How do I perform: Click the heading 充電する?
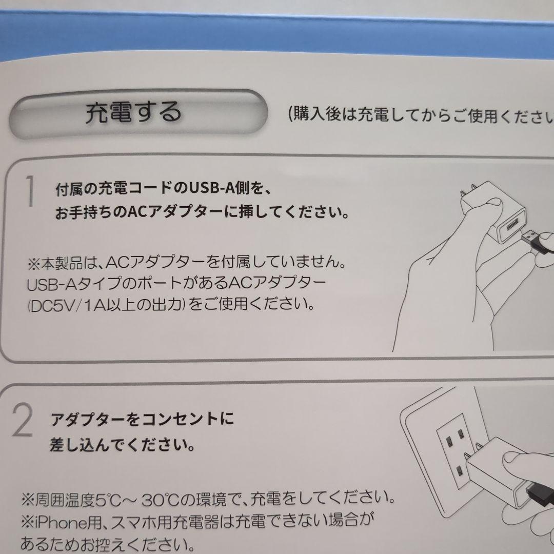134,113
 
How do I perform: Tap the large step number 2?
23,421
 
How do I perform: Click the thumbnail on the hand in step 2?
510,457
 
